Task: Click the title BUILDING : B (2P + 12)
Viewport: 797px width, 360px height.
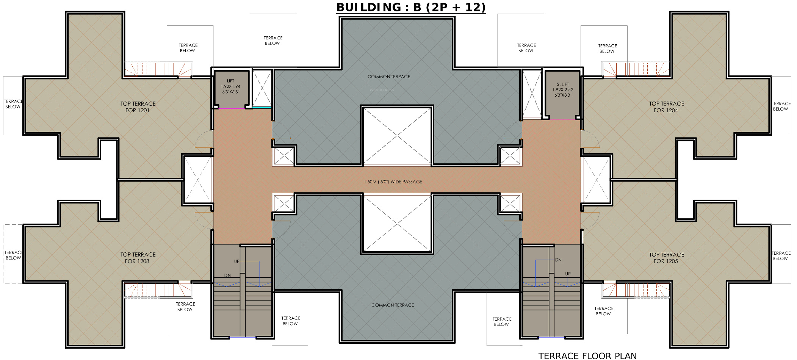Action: coord(411,7)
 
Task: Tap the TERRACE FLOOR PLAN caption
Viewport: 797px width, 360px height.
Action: coord(587,356)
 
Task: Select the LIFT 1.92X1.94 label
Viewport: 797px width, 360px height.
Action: coord(230,86)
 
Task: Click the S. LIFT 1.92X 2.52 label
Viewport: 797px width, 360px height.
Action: coord(563,90)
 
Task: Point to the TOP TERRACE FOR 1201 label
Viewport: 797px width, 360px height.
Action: coord(138,107)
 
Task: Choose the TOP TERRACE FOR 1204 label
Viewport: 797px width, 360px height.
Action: coord(666,107)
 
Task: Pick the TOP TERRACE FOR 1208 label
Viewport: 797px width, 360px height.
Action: coord(138,258)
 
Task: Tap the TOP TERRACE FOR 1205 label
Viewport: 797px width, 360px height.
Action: coord(666,258)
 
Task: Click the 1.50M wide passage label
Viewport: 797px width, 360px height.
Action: coord(393,182)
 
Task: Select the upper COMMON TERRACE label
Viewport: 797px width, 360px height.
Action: coord(389,77)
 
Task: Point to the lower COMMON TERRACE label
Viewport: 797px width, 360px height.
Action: coord(393,305)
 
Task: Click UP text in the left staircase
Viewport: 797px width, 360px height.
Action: coord(236,261)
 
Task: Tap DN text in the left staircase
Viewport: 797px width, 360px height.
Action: coord(227,275)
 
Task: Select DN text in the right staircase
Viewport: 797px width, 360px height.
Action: coord(558,260)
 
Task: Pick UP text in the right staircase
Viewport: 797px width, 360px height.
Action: coord(568,274)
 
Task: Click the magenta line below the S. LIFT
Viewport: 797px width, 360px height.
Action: coord(562,119)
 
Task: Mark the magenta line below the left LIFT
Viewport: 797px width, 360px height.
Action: coord(232,109)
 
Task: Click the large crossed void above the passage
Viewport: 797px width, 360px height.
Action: coord(397,136)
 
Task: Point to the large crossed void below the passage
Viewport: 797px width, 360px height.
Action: coord(397,224)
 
